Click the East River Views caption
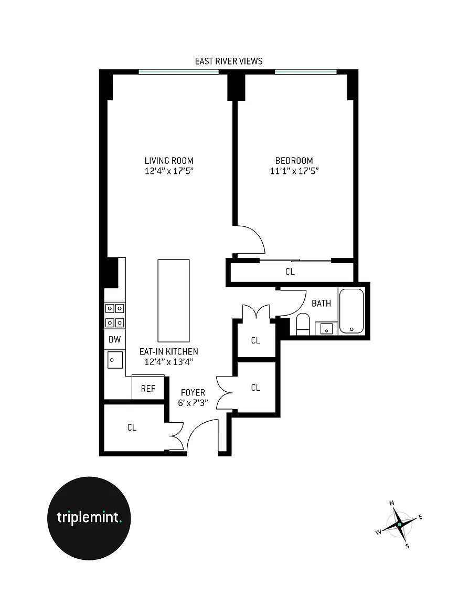(229, 61)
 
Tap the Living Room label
(169, 161)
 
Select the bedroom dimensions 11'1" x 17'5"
(294, 171)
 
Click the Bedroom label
(294, 161)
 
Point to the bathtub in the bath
(351, 311)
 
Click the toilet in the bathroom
(303, 324)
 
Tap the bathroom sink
(326, 328)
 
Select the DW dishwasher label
(114, 340)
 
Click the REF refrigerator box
(148, 388)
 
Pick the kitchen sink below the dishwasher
(115, 360)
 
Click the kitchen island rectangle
(174, 300)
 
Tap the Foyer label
(193, 392)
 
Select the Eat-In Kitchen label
(169, 351)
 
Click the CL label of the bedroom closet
(290, 272)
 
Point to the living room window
(179, 72)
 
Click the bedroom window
(306, 72)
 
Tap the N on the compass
(391, 503)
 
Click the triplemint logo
(89, 518)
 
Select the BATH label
(322, 303)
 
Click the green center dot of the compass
(400, 525)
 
